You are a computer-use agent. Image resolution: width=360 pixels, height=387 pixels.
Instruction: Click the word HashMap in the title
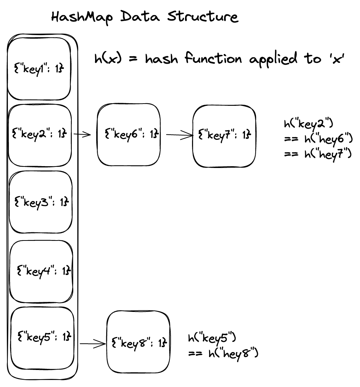point(77,17)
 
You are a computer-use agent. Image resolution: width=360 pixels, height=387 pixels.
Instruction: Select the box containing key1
point(39,69)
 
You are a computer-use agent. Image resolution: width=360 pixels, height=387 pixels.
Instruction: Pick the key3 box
point(40,202)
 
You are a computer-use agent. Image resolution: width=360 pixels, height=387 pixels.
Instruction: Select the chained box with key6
point(129,134)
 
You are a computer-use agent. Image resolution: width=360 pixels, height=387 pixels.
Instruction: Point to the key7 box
point(224,135)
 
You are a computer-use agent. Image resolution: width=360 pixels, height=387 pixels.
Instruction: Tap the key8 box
point(138,343)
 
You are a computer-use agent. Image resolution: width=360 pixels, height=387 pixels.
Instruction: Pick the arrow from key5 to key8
point(93,344)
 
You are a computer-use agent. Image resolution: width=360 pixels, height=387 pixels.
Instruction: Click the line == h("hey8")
point(223,353)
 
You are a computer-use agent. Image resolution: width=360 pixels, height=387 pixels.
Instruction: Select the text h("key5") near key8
point(212,338)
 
